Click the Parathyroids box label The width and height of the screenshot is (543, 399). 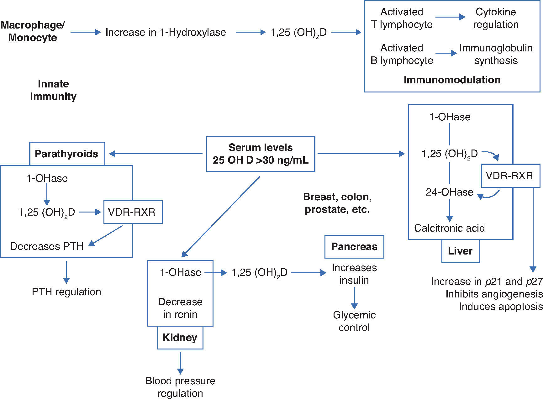[67, 154]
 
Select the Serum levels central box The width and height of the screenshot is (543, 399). [261, 154]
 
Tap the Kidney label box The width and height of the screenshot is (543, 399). [180, 338]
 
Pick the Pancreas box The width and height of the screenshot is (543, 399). [354, 247]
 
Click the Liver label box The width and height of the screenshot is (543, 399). [461, 251]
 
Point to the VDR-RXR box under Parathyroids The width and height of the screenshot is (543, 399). [133, 212]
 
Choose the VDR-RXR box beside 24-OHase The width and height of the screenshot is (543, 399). [511, 176]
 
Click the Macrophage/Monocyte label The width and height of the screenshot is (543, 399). [33, 31]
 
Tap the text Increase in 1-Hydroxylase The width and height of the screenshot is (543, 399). [166, 32]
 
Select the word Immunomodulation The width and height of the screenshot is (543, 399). [452, 80]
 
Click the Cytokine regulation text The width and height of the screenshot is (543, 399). [496, 18]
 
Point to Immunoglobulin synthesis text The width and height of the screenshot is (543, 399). [496, 54]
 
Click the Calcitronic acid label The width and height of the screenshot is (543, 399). [449, 228]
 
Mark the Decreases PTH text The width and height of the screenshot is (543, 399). [47, 246]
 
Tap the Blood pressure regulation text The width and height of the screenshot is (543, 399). [180, 387]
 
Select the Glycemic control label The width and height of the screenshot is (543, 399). [354, 321]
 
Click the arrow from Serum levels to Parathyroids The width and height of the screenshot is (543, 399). [156, 154]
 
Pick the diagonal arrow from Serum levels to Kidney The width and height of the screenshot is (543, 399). [221, 217]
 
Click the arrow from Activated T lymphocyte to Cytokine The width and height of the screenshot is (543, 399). [451, 17]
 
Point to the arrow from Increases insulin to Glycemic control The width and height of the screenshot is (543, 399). [354, 298]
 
